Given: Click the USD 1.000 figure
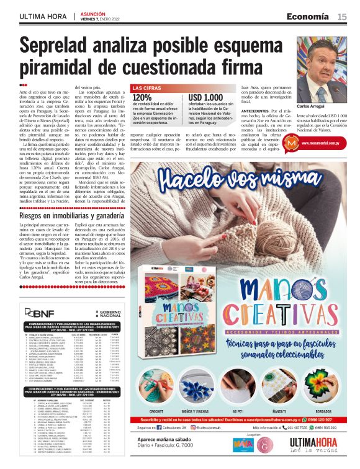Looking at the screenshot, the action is [x=205, y=97].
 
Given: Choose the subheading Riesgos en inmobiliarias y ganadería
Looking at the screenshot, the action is [x=70, y=216].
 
